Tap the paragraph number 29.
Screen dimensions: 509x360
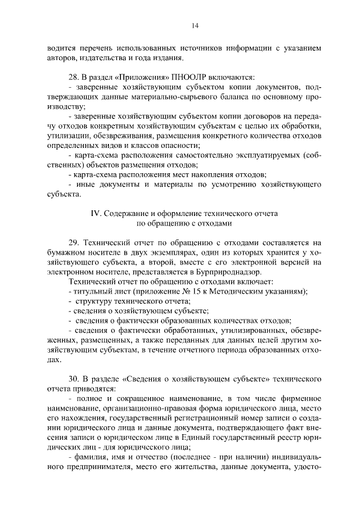point(73,242)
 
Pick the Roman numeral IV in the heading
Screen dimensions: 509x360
point(95,214)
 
